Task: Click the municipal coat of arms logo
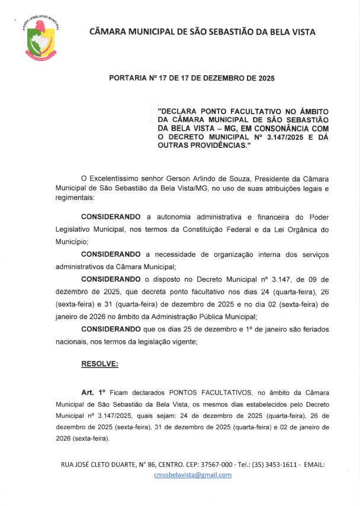click(40, 37)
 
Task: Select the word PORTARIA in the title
click(130, 78)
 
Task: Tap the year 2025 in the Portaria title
click(262, 78)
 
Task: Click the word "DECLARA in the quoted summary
click(180, 111)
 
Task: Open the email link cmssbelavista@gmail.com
click(192, 475)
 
